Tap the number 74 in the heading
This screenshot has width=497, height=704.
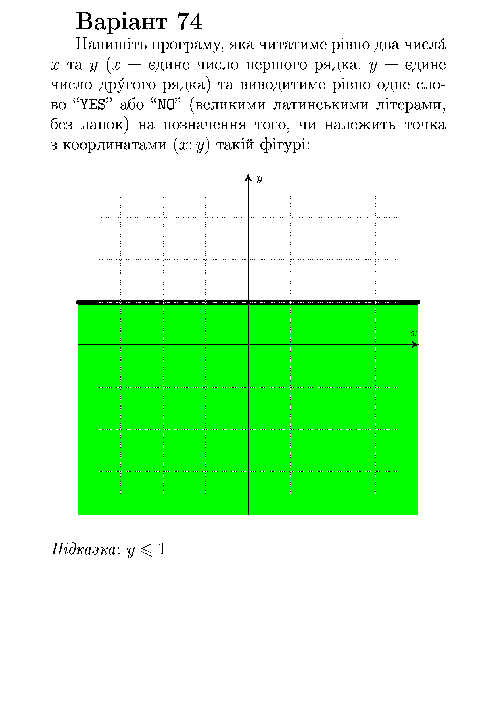tap(189, 22)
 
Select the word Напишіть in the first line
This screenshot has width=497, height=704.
tap(111, 45)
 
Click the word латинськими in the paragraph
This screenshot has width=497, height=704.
tap(320, 105)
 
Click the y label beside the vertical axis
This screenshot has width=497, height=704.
tap(260, 178)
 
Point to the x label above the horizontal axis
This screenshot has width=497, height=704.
tap(414, 334)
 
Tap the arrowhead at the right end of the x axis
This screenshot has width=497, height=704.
tap(415, 345)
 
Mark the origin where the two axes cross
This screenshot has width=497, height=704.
tap(248, 345)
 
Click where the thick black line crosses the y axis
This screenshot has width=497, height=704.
tap(248, 302)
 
